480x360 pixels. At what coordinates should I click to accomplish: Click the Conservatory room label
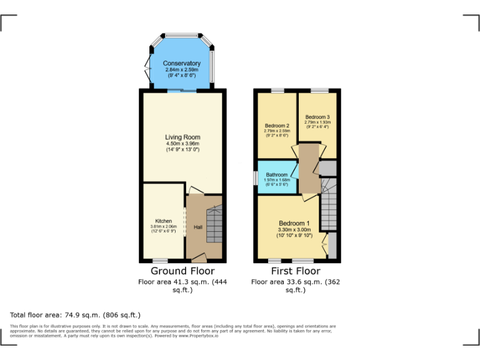tap(181, 64)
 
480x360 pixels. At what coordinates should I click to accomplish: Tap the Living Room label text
tap(182, 137)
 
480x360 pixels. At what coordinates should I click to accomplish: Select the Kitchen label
tap(163, 221)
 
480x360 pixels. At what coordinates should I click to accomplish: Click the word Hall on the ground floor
tap(197, 227)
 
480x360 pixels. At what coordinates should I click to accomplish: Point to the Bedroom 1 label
tap(294, 223)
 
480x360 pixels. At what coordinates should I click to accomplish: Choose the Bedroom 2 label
tap(277, 126)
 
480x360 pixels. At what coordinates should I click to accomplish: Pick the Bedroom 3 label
tap(317, 117)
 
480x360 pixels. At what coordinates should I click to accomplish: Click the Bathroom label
tap(276, 175)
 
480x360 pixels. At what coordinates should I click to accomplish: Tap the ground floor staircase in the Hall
tap(214, 222)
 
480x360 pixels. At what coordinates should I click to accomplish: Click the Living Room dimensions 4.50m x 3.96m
tap(182, 144)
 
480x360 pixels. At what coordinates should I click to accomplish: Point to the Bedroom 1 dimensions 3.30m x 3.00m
tap(294, 230)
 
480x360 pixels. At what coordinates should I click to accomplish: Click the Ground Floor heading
tap(182, 271)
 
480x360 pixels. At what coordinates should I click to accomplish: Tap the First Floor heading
tap(295, 271)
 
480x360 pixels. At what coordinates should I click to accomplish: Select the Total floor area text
tap(76, 315)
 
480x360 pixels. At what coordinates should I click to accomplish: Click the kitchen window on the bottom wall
tap(161, 261)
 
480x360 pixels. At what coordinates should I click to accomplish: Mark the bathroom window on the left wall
tap(256, 177)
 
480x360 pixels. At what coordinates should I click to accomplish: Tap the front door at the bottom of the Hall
tap(199, 257)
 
